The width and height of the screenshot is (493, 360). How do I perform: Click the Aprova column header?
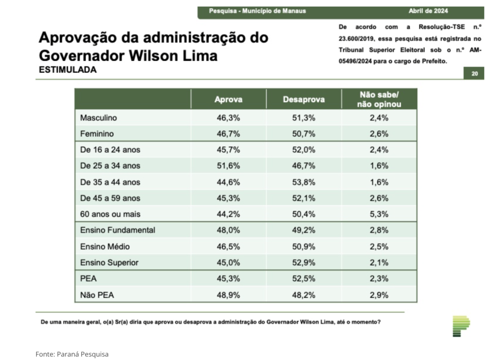point(228,100)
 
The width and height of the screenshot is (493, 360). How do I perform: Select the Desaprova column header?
point(303,100)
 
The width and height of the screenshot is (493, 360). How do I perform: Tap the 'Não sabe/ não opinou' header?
point(379,99)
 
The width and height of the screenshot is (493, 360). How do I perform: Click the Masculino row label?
point(98,117)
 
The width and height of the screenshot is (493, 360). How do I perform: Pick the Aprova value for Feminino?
point(228,133)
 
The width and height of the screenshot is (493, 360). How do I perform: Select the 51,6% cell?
point(228,166)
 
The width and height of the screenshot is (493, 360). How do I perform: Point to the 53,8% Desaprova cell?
point(303,182)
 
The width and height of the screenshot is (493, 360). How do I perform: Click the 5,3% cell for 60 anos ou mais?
point(379,214)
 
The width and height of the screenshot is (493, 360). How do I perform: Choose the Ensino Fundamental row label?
point(117,230)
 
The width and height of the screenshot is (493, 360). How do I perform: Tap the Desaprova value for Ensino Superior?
point(303,262)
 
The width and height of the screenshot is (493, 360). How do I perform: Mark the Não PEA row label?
point(97,295)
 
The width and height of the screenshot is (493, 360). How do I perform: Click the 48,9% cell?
point(228,295)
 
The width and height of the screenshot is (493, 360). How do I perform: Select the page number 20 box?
point(474,74)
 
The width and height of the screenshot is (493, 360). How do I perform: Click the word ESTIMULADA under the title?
point(67,70)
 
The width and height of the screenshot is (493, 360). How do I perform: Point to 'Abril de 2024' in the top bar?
point(428,11)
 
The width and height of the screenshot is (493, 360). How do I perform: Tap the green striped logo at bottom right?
point(461,326)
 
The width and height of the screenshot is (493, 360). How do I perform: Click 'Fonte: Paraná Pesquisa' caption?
point(72,354)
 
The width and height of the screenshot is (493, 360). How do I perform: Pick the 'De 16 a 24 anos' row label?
point(110,150)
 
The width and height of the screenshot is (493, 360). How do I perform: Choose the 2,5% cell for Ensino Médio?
point(379,246)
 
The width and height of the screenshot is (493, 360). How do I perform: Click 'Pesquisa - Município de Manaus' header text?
point(257,11)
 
